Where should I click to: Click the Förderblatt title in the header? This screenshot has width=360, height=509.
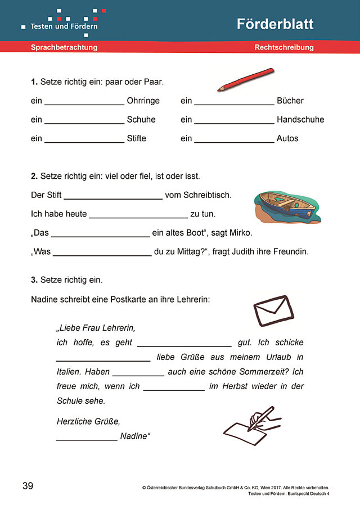pos(274,24)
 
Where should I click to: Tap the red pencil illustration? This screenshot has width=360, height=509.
pos(245,80)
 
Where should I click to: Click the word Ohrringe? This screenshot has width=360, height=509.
pos(143,101)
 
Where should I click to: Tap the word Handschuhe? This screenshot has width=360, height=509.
pos(300,120)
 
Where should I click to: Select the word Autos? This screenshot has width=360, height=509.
pos(287,138)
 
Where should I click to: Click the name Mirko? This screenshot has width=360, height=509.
pos(240,233)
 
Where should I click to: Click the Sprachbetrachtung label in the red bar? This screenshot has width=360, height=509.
pos(64,48)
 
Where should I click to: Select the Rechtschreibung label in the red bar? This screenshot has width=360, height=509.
pos(284,48)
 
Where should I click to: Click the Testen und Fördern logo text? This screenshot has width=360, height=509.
pos(64,26)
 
